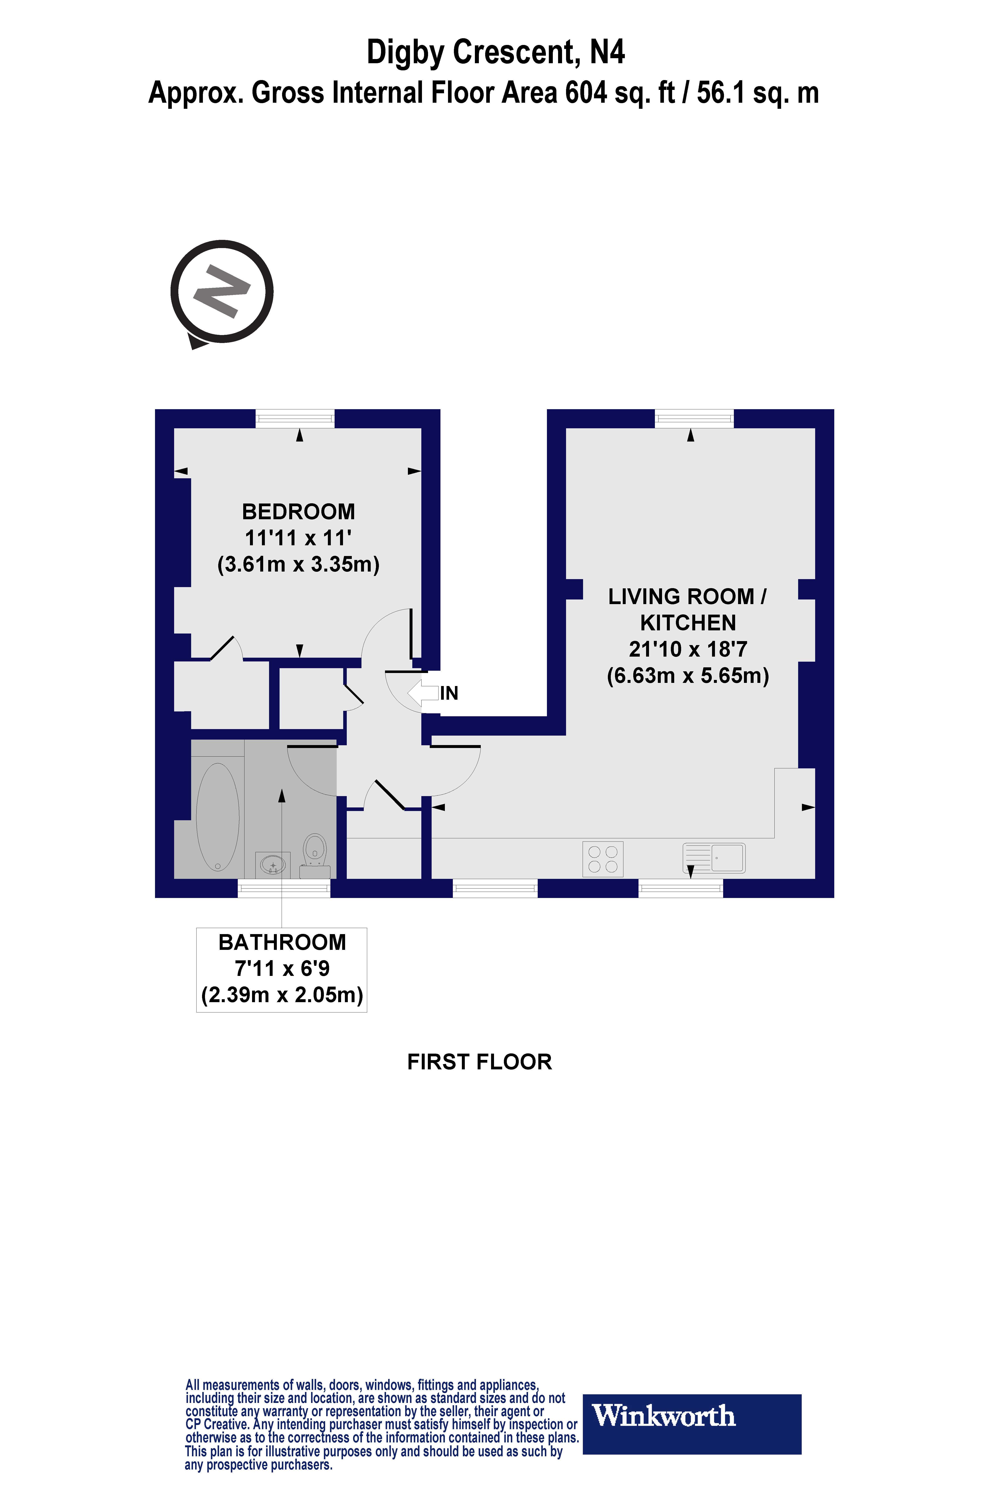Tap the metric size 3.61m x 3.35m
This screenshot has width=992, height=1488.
[x=298, y=564]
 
